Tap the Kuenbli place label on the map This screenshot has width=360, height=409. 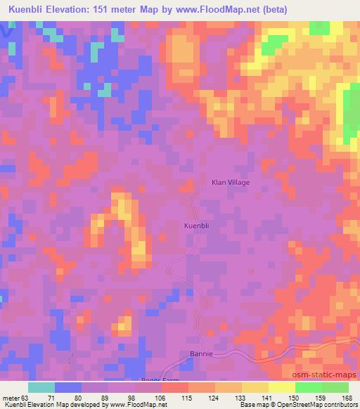(196, 226)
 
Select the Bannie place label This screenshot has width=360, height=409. (201, 354)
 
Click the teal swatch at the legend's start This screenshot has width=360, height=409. (41, 388)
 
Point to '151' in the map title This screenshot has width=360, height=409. (112, 9)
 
